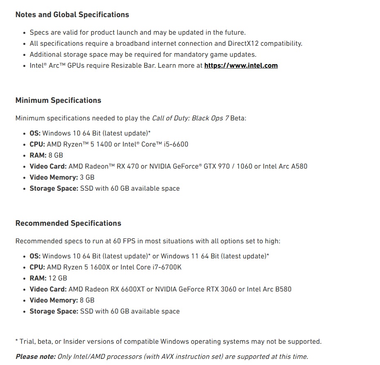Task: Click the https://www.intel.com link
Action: [241, 65]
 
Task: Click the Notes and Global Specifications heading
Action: [72, 15]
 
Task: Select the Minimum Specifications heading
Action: [58, 100]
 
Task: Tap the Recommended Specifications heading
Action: [68, 223]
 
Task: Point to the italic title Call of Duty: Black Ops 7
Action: [190, 118]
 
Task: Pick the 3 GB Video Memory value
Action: [87, 177]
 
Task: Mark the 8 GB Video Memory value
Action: [87, 300]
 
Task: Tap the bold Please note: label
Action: [35, 356]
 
